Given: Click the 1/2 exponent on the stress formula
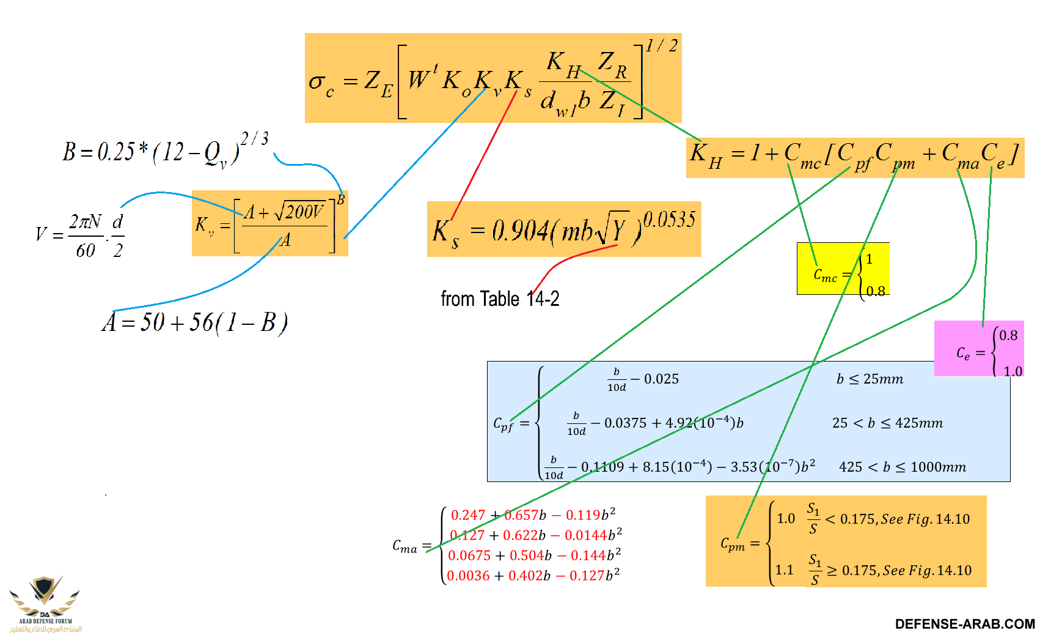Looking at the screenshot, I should tap(662, 45).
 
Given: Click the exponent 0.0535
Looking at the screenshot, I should tap(669, 219).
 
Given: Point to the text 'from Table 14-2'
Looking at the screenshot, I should tap(500, 299).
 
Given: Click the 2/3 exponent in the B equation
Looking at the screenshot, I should tap(254, 139).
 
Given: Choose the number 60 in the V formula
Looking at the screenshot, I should tap(86, 250).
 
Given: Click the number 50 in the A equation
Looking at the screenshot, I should tap(152, 322).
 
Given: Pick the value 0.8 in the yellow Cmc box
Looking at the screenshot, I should tap(876, 291).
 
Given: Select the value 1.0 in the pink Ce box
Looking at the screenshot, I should tap(1013, 371).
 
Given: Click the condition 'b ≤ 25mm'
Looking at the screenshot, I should tap(870, 379).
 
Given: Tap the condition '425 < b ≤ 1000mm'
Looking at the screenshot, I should tap(903, 467).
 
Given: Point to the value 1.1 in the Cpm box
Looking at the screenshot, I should tap(784, 570).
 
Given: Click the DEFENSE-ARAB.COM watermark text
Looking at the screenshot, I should tap(965, 624).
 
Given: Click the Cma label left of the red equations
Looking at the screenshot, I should tap(405, 546).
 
